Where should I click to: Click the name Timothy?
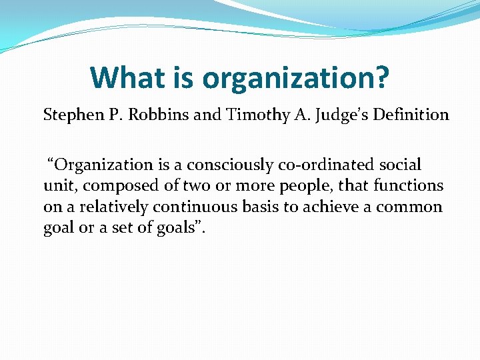[x=250, y=115]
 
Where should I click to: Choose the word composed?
[x=107, y=186]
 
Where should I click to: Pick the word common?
[x=409, y=207]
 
